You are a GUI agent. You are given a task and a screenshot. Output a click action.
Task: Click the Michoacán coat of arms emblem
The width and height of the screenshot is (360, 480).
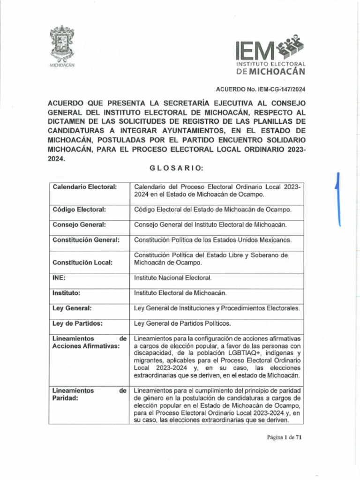pos(62,44)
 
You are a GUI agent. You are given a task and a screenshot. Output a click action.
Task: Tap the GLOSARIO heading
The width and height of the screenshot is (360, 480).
pos(176,168)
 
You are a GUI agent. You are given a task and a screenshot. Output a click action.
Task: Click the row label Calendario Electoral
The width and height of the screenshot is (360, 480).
pos(84,187)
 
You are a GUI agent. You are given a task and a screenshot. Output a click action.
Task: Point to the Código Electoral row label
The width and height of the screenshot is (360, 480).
pos(79,209)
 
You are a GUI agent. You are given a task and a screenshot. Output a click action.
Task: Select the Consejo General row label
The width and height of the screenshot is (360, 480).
pos(79,225)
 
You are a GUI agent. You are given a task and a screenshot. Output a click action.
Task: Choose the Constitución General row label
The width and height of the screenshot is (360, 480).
pos(86,240)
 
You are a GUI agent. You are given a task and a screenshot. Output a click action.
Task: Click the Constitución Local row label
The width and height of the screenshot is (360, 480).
pos(82,262)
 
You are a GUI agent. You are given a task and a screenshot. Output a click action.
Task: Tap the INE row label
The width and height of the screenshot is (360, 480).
pos(59,277)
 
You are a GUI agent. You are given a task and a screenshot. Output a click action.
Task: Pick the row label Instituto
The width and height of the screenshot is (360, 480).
pos(66,292)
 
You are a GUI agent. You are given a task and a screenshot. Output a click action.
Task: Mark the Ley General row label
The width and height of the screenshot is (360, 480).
pos(72,308)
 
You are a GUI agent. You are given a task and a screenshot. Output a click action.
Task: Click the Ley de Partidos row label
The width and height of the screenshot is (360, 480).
pos(77,323)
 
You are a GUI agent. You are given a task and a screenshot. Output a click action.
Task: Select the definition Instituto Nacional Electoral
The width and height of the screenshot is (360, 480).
pos(173,277)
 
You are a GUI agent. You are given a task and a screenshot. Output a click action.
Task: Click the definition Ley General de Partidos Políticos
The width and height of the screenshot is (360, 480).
pos(182,323)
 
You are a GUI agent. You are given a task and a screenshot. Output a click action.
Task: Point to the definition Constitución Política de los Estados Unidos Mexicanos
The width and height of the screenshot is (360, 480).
pos(213,240)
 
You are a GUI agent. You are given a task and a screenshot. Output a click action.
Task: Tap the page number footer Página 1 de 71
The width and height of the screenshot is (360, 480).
pos(284,437)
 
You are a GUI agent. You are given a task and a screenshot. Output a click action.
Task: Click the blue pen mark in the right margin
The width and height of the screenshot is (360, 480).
pos(337,199)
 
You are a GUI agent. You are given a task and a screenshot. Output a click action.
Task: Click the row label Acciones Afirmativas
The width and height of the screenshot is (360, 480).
pos(86,346)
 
